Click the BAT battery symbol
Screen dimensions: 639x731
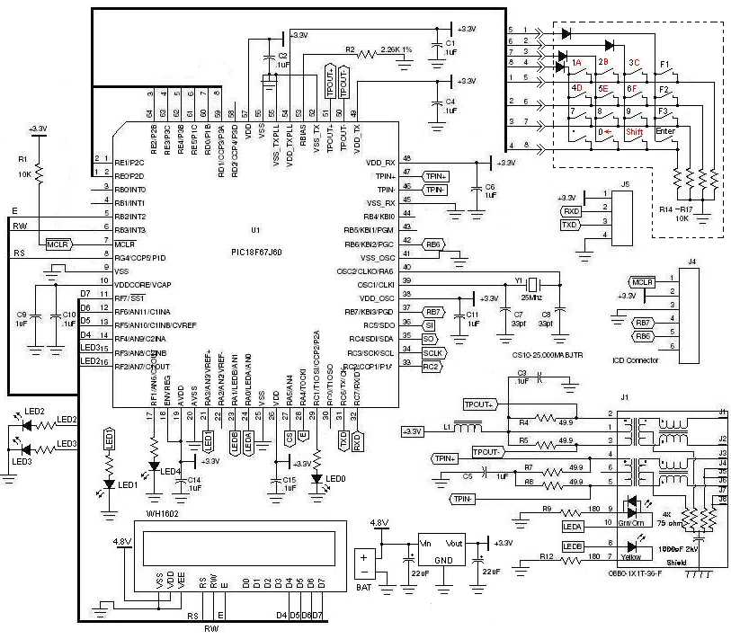pyautogui.click(x=364, y=566)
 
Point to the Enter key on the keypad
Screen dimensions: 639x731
pyautogui.click(x=666, y=131)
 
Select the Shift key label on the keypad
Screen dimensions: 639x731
pyautogui.click(x=637, y=131)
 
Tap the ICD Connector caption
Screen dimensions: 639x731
pyautogui.click(x=636, y=359)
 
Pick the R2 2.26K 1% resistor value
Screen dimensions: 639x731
pyautogui.click(x=397, y=49)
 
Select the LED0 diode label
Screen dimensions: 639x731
pyautogui.click(x=335, y=477)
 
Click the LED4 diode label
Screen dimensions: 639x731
pyautogui.click(x=171, y=470)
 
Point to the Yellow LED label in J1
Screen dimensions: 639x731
pyautogui.click(x=632, y=557)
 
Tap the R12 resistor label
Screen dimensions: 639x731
pyautogui.click(x=547, y=557)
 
